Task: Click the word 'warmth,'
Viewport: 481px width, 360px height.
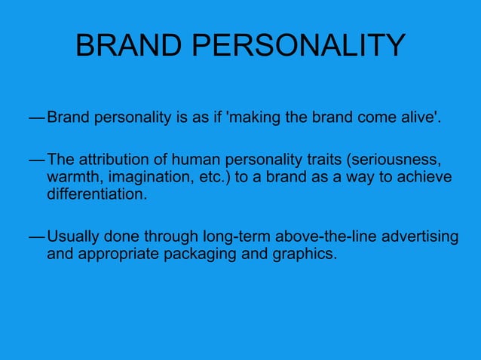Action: pyautogui.click(x=73, y=177)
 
